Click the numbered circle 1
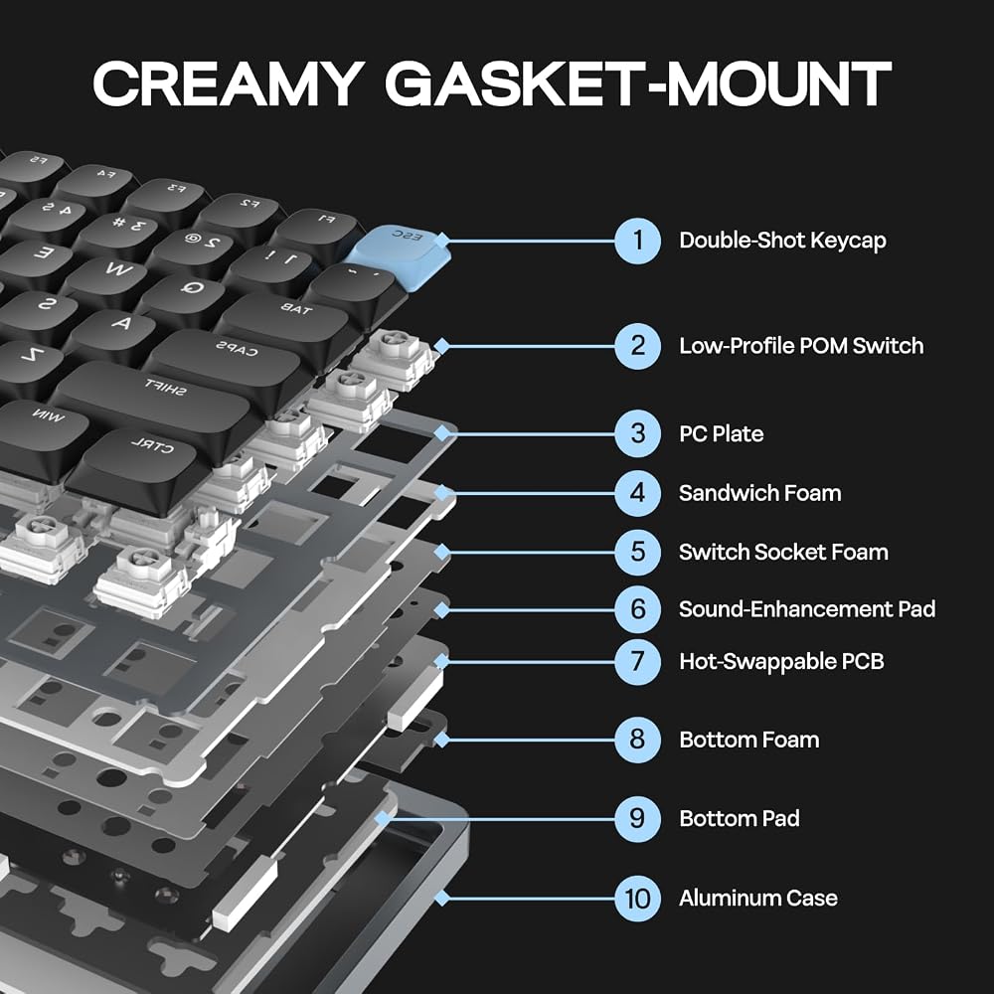637,241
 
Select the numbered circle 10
637,899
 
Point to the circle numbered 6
637,609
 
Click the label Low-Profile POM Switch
800,346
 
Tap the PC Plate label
721,434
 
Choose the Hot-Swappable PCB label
781,662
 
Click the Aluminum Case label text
758,899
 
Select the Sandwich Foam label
759,493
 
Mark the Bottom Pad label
740,818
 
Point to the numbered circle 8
637,740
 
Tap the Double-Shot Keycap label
782,241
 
